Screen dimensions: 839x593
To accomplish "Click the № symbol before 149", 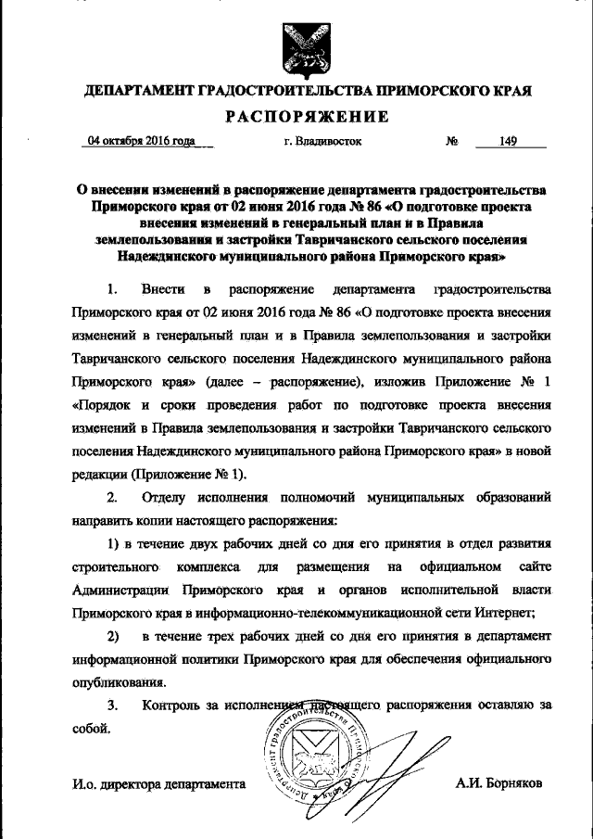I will (453, 142).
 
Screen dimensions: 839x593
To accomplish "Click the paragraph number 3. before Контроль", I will (113, 706).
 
